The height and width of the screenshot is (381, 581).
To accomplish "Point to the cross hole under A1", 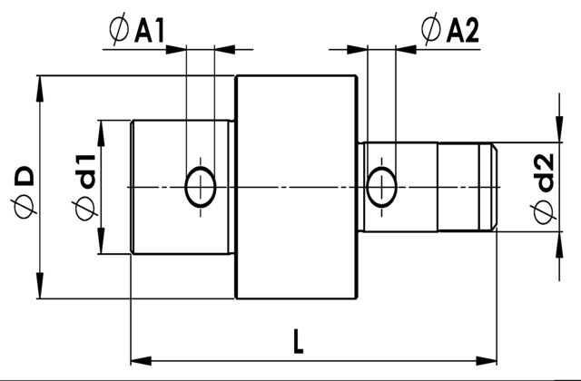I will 200,188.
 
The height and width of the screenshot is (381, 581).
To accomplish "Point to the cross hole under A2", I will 380,188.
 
